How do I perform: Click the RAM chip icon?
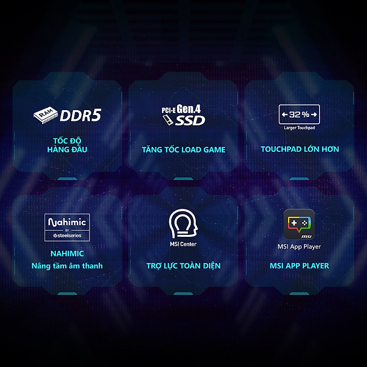46,115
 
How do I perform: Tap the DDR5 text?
81,115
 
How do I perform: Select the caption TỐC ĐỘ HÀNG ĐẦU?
67,145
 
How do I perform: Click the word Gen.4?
189,109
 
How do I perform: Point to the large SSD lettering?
190,120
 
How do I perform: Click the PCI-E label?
168,110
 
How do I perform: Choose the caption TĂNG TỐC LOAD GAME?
183,149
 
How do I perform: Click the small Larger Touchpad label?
299,128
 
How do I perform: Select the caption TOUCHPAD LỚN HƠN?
300,149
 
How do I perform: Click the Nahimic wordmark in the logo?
67,222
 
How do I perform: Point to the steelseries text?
67,235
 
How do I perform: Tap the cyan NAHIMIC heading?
67,253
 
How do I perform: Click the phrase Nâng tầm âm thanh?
67,266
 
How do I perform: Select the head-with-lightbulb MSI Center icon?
183,224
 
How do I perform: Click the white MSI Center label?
183,244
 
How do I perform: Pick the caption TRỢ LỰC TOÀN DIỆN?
183,266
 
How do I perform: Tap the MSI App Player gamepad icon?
299,224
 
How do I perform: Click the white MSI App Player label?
299,247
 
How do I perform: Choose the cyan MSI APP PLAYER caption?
299,266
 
